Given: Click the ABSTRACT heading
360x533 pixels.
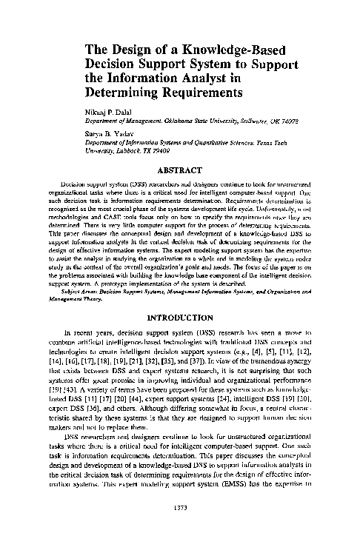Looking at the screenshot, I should tap(180, 169).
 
